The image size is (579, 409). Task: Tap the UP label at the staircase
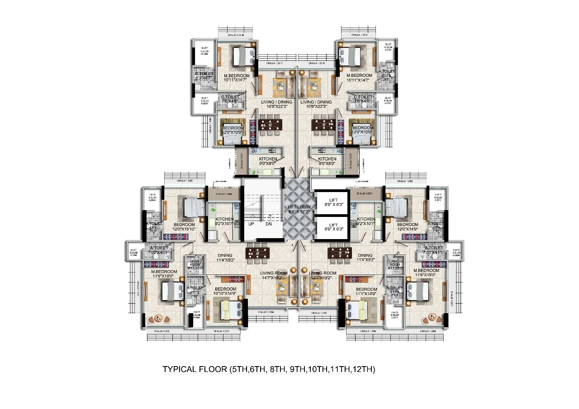tap(251, 223)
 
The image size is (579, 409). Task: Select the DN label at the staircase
tap(269, 223)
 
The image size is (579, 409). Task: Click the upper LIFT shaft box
tap(333, 202)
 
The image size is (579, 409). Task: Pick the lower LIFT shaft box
tap(333, 227)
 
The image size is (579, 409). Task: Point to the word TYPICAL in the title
tap(179, 370)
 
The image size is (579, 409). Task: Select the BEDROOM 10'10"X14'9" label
tap(225, 291)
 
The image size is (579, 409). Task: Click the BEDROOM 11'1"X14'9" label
tap(366, 291)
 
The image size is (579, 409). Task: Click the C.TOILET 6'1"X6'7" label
tap(204, 76)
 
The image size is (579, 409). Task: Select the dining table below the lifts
tap(340, 253)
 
